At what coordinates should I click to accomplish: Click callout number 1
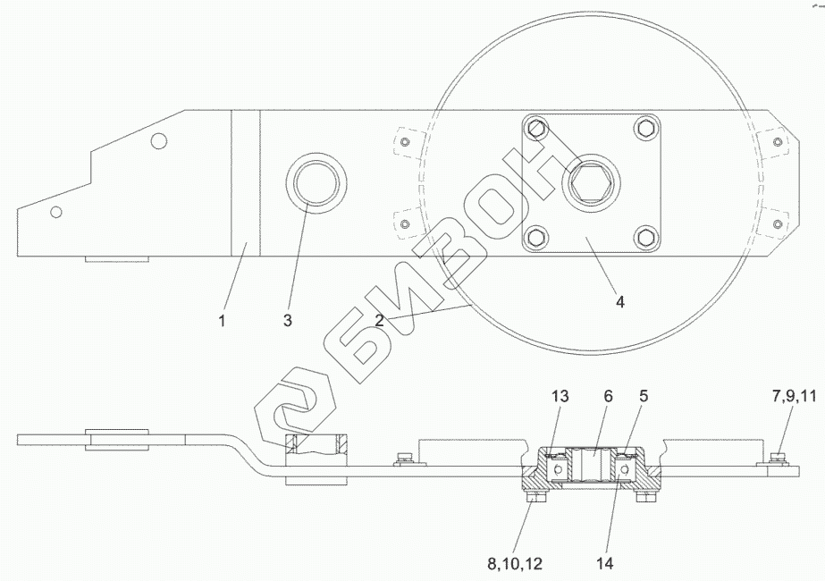222,320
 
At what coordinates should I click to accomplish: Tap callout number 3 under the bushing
287,320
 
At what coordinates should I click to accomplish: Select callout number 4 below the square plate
619,302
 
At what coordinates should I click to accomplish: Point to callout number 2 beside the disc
379,320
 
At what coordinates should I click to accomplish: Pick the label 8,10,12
515,564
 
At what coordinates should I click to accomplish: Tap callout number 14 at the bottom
605,564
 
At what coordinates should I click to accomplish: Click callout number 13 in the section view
560,396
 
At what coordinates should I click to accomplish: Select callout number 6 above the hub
608,396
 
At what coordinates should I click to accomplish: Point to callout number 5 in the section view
643,396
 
